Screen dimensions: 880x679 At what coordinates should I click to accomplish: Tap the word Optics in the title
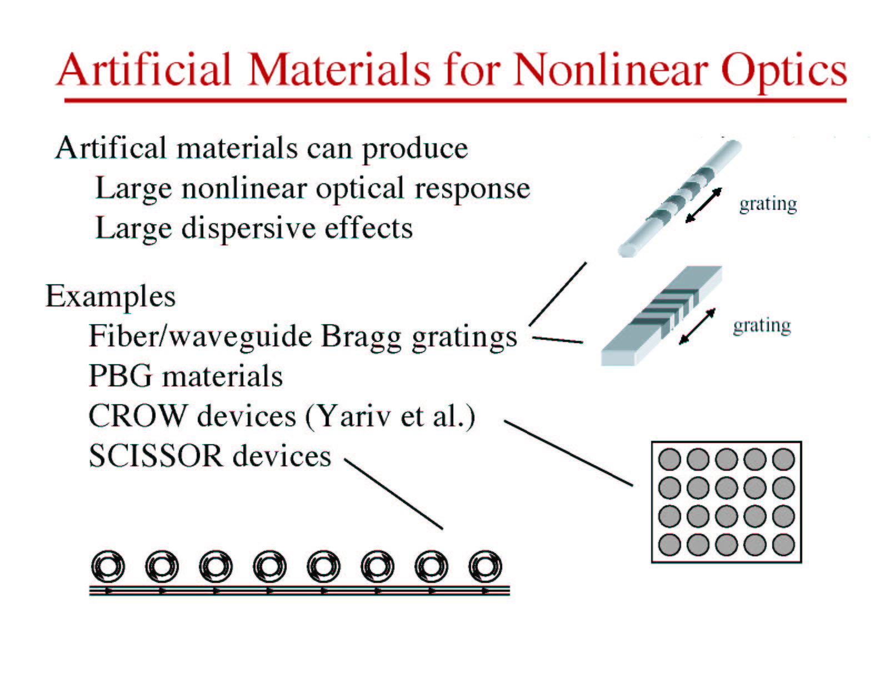pyautogui.click(x=784, y=73)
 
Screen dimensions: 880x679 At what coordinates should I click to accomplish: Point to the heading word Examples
pyautogui.click(x=111, y=296)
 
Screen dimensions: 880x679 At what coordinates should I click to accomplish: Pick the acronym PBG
pyautogui.click(x=120, y=375)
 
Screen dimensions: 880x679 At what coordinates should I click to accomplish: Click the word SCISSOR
pyautogui.click(x=156, y=456)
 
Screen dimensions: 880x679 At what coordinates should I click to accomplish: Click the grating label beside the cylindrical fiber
pyautogui.click(x=768, y=204)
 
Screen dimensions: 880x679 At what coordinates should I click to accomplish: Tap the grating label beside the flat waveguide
pyautogui.click(x=762, y=326)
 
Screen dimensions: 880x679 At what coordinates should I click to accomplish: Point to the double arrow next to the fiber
pyautogui.click(x=703, y=205)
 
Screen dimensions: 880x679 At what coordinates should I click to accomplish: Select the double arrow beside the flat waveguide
pyautogui.click(x=697, y=326)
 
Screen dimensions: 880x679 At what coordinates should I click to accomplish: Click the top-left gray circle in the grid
pyautogui.click(x=669, y=459)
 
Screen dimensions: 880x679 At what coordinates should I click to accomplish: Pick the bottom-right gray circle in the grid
pyautogui.click(x=783, y=544)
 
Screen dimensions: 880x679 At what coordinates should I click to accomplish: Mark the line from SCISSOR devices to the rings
pyautogui.click(x=393, y=494)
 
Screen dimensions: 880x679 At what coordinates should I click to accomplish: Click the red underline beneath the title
pyautogui.click(x=455, y=100)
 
